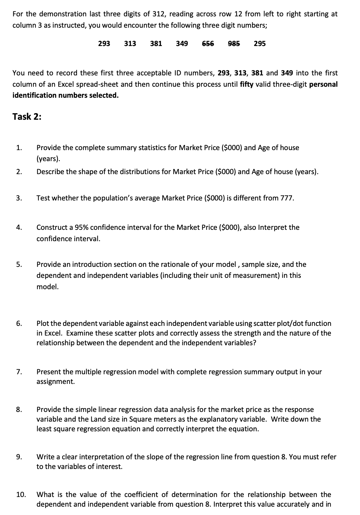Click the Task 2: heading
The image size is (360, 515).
[27, 117]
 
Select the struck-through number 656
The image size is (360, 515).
[208, 44]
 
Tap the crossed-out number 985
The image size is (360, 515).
[234, 44]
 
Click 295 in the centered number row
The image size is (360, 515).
[260, 44]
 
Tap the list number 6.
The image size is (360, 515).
[19, 324]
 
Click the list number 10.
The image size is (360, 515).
[21, 495]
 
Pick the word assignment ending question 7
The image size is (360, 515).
[55, 382]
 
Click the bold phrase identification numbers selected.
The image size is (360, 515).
[65, 95]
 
